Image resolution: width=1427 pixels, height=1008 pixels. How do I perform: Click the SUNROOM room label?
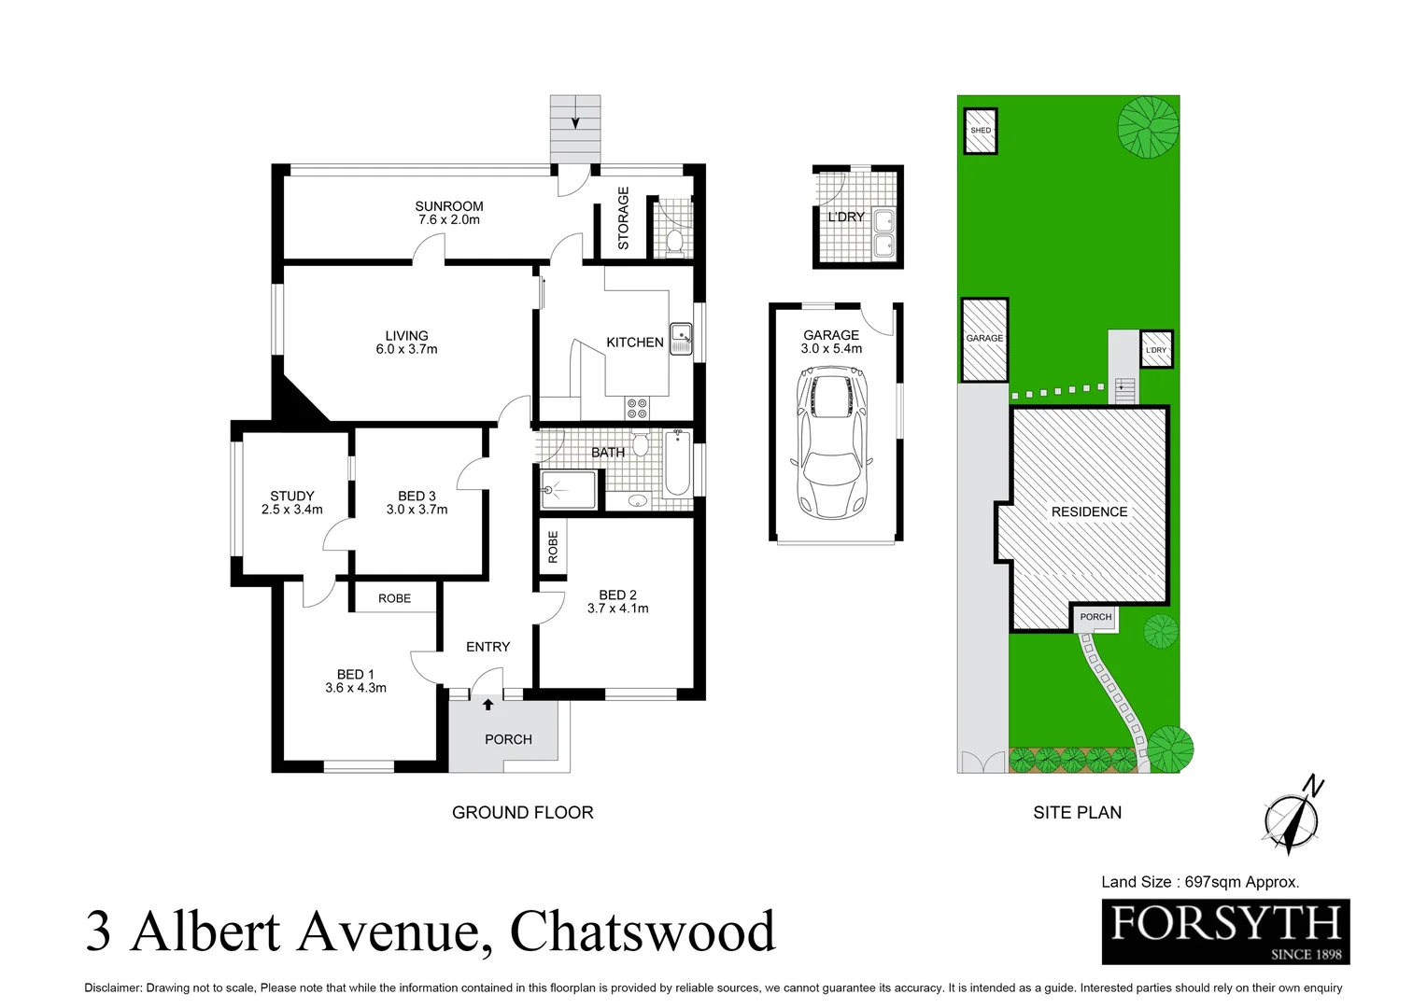point(449,206)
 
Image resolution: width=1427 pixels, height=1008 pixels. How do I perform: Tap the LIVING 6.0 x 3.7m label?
point(406,343)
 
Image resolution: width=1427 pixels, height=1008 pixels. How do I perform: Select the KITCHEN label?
point(635,343)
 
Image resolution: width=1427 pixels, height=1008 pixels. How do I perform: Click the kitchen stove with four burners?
point(637,408)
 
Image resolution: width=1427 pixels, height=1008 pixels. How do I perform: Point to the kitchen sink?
point(682,338)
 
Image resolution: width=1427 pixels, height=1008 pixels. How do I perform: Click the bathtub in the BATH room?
point(677,463)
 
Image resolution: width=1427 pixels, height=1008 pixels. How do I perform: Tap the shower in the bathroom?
point(568,490)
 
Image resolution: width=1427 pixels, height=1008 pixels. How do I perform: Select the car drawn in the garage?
point(831,441)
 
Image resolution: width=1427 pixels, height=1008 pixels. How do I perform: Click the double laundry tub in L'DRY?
point(883,233)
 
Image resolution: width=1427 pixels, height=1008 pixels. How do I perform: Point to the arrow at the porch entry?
point(487,705)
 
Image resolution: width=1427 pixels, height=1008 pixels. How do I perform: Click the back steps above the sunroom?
point(574,129)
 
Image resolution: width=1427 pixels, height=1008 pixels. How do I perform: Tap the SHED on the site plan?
point(981,131)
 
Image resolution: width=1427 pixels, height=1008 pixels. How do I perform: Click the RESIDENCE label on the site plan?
point(1089,511)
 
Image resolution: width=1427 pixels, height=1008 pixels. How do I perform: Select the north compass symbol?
point(1293,818)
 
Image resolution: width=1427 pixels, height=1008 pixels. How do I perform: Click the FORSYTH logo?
point(1225,931)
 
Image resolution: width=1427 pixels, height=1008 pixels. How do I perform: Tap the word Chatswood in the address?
point(643,931)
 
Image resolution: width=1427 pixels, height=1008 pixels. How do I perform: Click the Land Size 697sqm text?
point(1200,882)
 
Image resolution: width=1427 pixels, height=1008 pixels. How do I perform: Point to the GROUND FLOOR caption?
point(522,813)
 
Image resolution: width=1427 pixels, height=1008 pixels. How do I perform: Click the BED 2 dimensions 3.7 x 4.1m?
point(617,609)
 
